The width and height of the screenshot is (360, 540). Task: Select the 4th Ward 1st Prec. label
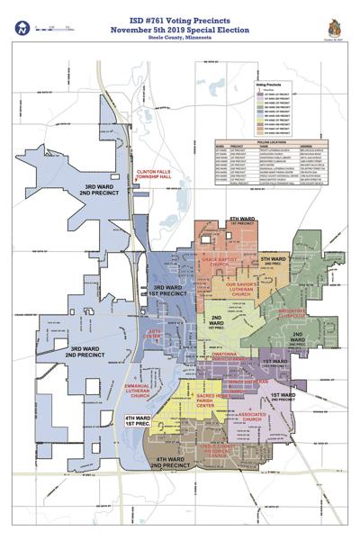tap(138, 422)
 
